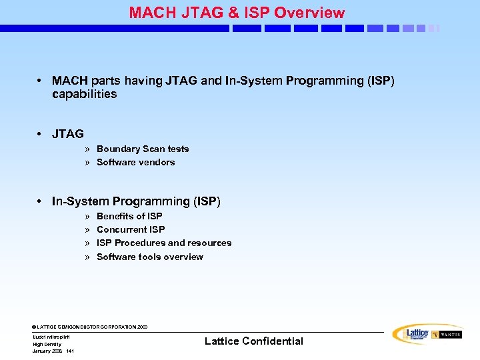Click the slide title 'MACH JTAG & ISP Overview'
[237, 13]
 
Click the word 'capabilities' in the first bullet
[84, 94]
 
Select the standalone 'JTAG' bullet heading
[68, 134]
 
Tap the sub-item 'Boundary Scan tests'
[143, 149]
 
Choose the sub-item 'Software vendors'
[135, 162]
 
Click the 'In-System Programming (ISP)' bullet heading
[136, 201]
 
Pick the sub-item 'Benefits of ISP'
[129, 216]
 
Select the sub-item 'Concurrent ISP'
[131, 229]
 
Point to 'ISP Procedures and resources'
[164, 243]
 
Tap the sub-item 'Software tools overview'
[150, 257]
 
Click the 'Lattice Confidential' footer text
[253, 341]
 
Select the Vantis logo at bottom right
[447, 335]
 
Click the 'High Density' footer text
[47, 344]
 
